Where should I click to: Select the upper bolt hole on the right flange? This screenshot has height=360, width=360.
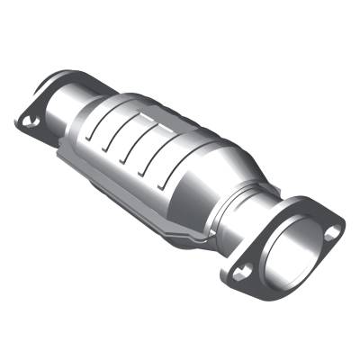point(333,231)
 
